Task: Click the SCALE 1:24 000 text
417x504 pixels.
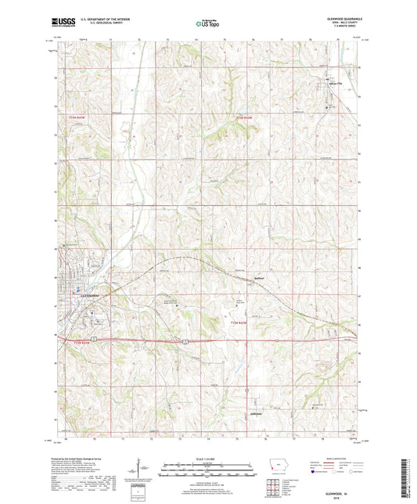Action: pyautogui.click(x=208, y=459)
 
